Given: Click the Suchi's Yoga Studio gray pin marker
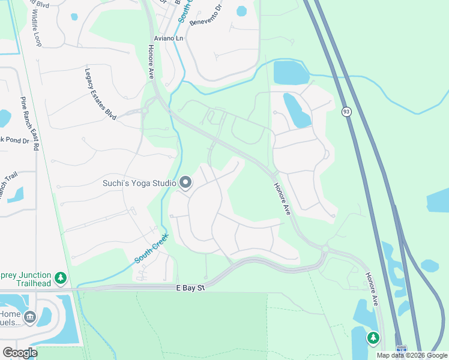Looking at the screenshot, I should (185, 182).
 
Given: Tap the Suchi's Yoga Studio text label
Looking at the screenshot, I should (139, 182).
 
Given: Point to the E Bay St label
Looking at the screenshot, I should (190, 289).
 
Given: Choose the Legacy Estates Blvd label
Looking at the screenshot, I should (100, 92).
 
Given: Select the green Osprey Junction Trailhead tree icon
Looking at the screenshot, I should (60, 278).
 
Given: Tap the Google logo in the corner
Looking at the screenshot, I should (19, 353).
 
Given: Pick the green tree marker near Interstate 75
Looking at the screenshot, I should (373, 338).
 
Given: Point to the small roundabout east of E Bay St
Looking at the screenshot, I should (325, 249).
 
